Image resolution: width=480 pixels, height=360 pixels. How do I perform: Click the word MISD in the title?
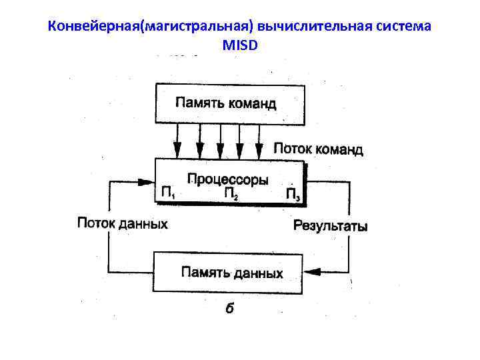coord(240,45)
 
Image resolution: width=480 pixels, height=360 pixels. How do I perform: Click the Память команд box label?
coord(225,103)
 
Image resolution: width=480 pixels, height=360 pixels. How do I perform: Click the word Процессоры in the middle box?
coord(228,179)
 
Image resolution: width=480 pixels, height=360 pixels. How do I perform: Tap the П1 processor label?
coord(168,193)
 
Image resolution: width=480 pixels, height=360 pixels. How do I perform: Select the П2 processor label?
coord(231,194)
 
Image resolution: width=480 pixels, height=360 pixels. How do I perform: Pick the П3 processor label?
coord(293,194)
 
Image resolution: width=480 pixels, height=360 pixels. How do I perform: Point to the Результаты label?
coord(330,225)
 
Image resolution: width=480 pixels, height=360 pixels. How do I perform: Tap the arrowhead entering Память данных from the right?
coord(311,272)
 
